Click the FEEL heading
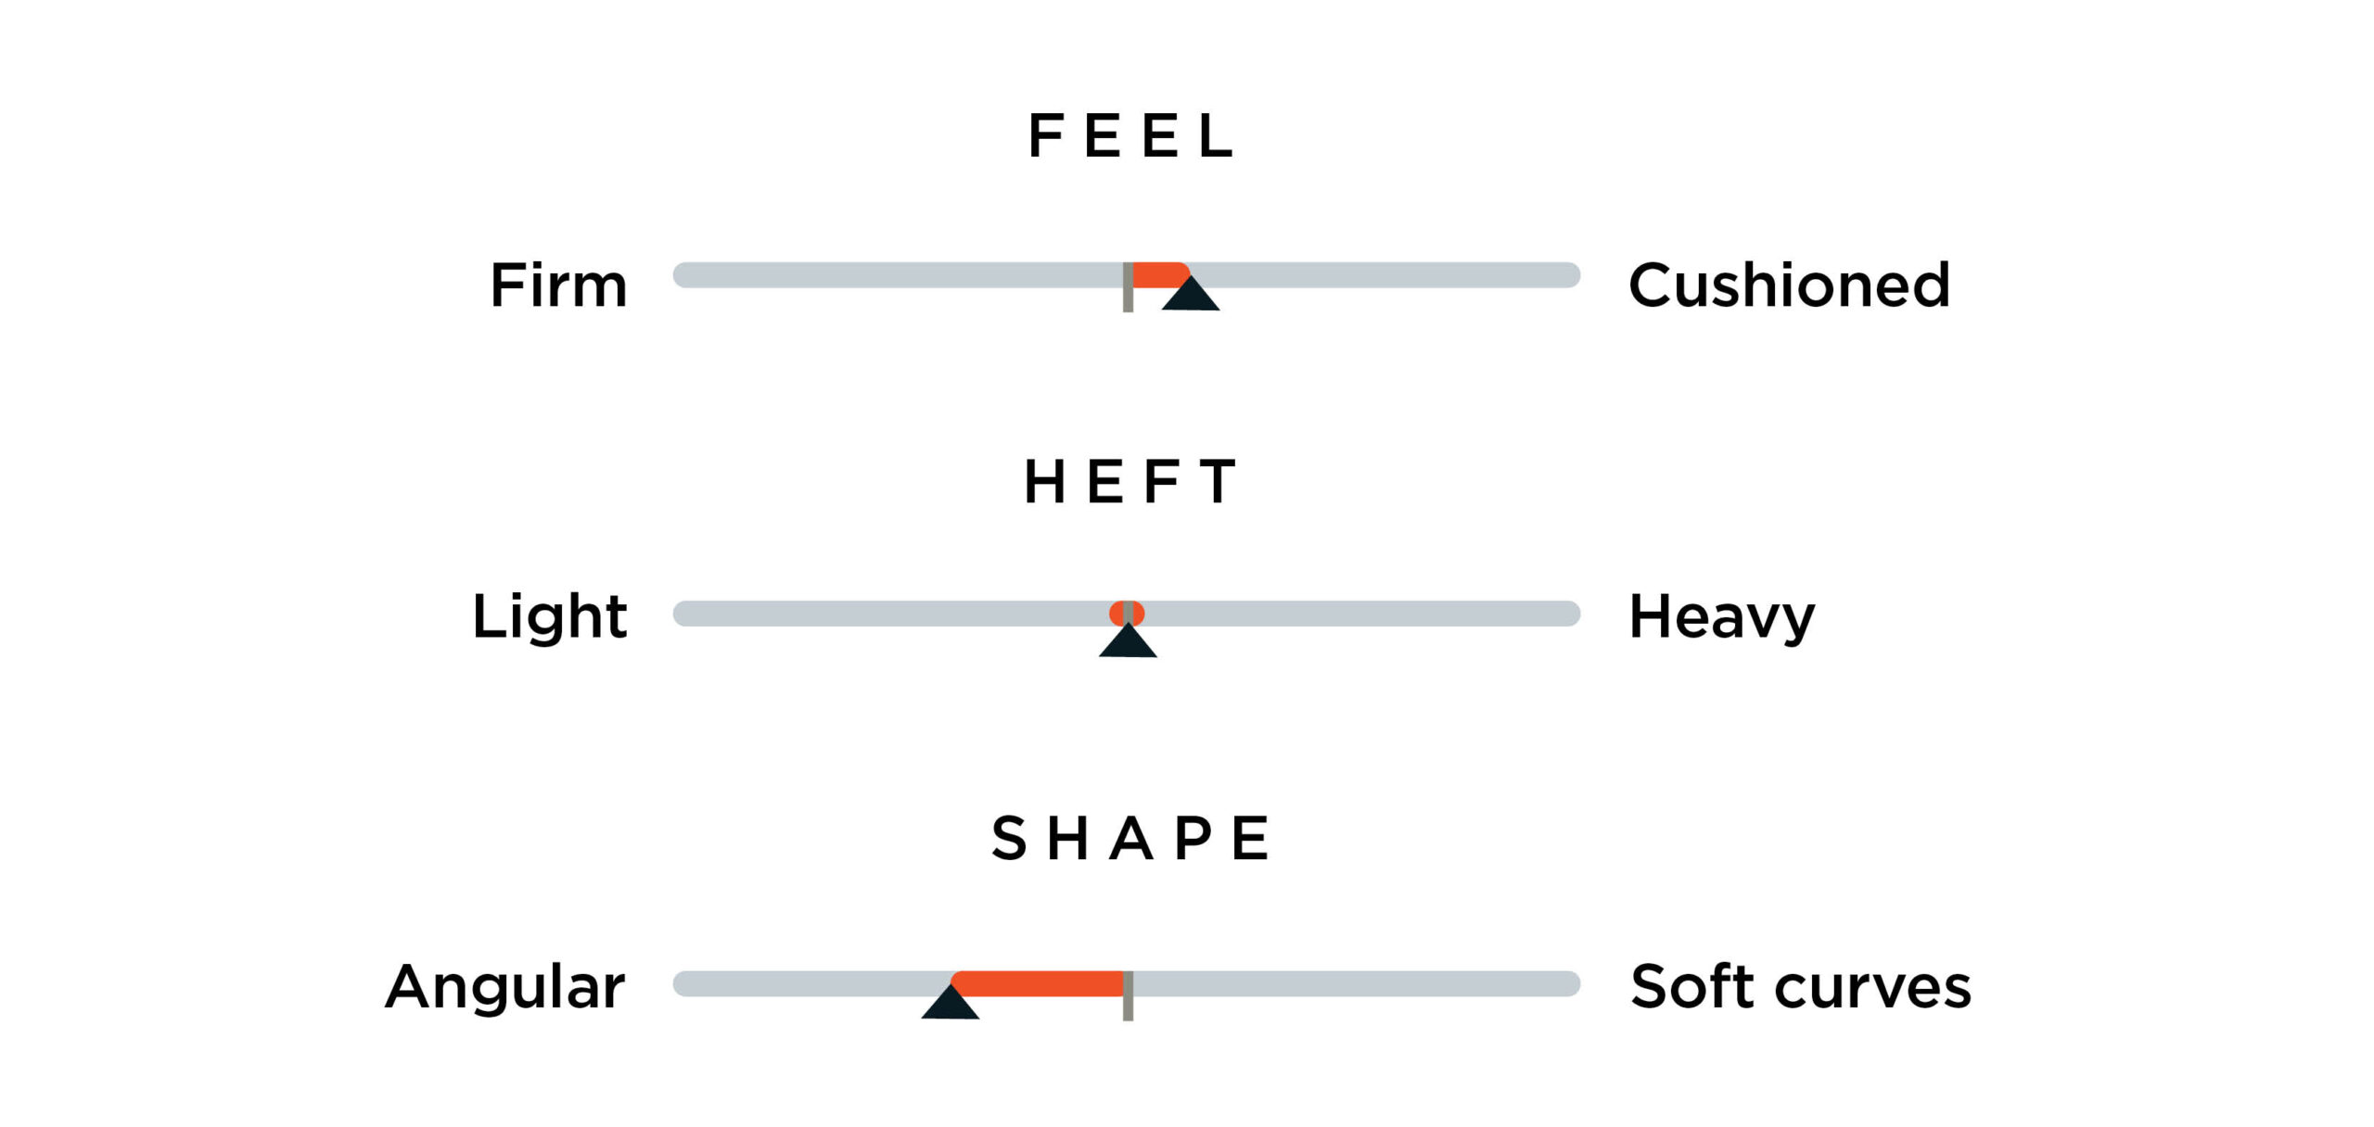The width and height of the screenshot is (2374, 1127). point(1130,136)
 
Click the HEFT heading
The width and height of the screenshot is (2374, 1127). point(1130,482)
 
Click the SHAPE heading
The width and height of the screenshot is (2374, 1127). point(1130,839)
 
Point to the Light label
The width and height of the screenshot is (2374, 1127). point(550,616)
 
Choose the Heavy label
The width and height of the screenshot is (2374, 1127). point(1722,617)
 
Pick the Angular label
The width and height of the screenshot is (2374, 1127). point(505,988)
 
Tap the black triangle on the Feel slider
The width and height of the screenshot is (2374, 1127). point(1191,293)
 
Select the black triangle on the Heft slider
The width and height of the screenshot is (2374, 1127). point(1128,639)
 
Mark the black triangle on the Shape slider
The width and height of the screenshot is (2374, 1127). point(951,1002)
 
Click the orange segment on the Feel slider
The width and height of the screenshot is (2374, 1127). point(1159,274)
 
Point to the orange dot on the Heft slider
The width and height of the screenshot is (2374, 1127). point(1127,614)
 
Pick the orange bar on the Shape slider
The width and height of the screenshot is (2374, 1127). point(1038,983)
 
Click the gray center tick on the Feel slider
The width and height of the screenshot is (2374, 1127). point(1128,287)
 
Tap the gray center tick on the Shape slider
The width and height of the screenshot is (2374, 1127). point(1128,996)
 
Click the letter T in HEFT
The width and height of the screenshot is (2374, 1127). point(1218,482)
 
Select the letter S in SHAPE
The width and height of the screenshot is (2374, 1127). point(1009,839)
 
